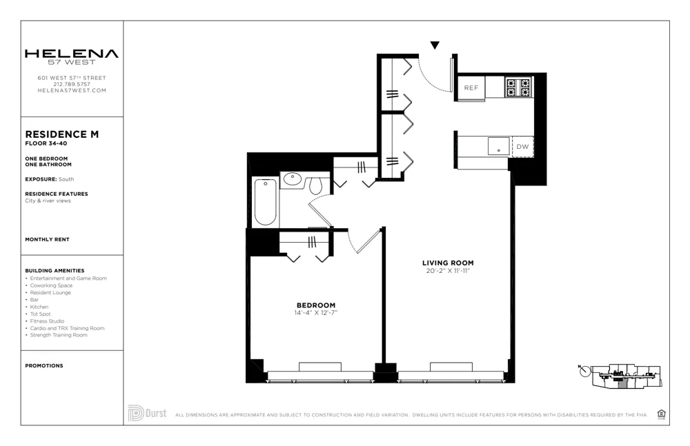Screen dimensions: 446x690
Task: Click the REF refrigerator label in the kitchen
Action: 471,88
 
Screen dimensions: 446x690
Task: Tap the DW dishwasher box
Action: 522,146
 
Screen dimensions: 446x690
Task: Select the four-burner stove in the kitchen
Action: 519,87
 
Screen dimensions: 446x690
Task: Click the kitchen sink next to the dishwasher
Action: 498,146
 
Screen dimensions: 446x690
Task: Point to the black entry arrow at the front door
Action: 435,45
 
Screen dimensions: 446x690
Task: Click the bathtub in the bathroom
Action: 266,201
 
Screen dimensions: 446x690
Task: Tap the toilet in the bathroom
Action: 316,185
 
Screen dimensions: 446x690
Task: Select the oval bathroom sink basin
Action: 293,180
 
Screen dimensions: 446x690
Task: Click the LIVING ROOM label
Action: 448,263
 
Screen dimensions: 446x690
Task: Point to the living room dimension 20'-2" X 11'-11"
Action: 448,271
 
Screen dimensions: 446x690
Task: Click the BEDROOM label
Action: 315,305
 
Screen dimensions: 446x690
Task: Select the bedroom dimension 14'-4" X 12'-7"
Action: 315,313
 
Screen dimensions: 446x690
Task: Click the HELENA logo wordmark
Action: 71,54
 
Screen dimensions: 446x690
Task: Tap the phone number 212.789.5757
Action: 72,84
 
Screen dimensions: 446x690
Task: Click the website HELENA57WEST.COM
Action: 72,90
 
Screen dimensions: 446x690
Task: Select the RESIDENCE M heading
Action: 61,134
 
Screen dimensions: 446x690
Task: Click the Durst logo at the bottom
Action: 147,413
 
